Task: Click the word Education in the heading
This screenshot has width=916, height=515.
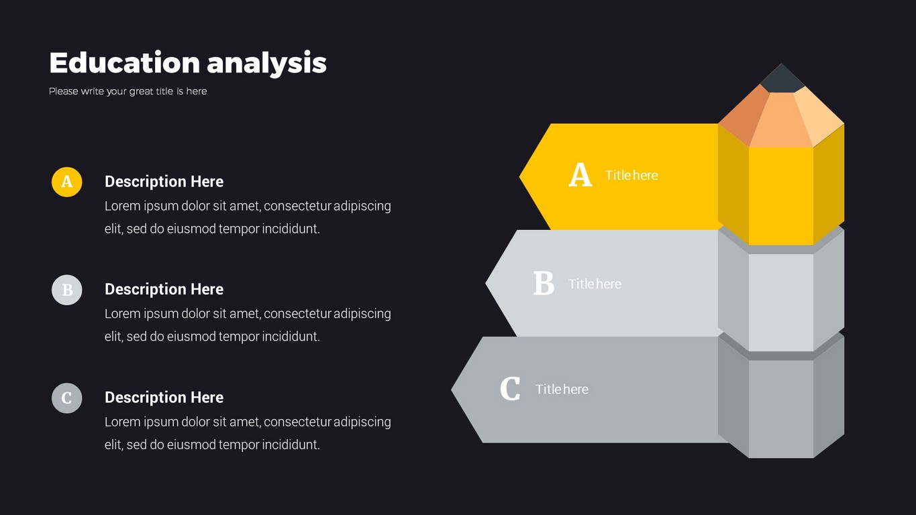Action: pyautogui.click(x=124, y=62)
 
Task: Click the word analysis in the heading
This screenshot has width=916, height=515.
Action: pyautogui.click(x=266, y=64)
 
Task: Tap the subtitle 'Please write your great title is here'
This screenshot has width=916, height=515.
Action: pyautogui.click(x=128, y=92)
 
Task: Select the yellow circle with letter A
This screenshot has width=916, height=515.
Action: pyautogui.click(x=66, y=182)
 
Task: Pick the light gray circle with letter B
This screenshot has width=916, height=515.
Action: pyautogui.click(x=66, y=290)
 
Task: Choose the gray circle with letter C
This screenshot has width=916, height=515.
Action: pyautogui.click(x=66, y=398)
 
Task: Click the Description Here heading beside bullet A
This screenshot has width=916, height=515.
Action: pyautogui.click(x=164, y=182)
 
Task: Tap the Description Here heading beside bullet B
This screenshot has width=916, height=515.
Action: pyautogui.click(x=164, y=290)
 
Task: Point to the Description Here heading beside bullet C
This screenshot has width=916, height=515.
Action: pyautogui.click(x=164, y=397)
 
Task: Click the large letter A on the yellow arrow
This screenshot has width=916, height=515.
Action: pyautogui.click(x=580, y=175)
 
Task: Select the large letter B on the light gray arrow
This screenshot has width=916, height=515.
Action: pyautogui.click(x=544, y=283)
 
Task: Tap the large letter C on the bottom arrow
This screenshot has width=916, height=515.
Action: pyautogui.click(x=510, y=388)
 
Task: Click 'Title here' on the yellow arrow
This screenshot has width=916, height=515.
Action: pyautogui.click(x=631, y=175)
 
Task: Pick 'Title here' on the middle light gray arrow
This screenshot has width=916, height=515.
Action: pyautogui.click(x=595, y=284)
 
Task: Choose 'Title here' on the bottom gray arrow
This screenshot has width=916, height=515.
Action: pyautogui.click(x=562, y=389)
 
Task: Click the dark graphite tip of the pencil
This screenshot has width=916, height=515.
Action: pyautogui.click(x=782, y=79)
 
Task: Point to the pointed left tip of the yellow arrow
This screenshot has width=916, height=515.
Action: pyautogui.click(x=520, y=176)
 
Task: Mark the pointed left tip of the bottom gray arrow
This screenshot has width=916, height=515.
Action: pyautogui.click(x=452, y=390)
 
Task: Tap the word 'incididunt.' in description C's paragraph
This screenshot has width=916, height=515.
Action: pyautogui.click(x=291, y=445)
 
